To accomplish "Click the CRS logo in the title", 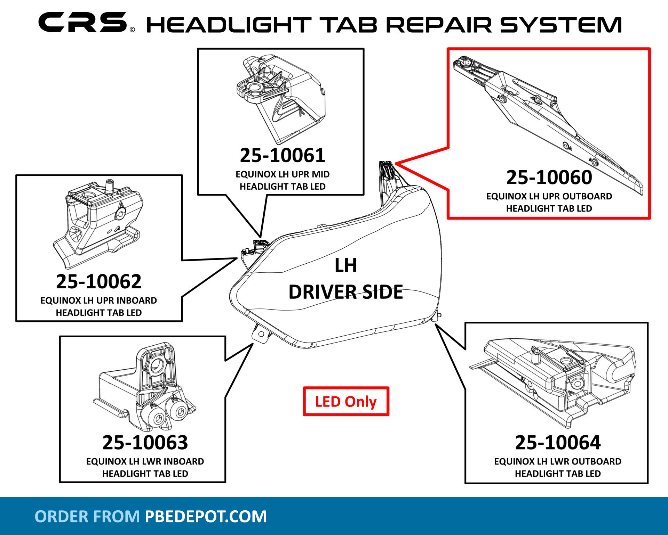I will [x=83, y=23].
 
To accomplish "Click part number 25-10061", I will [x=282, y=155].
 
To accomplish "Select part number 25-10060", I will [x=549, y=178].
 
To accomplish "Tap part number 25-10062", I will [x=99, y=281].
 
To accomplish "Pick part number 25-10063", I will [x=145, y=442].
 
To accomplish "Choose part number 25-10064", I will [x=558, y=442].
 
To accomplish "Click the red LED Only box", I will [x=346, y=402].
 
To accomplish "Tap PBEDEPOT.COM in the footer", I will [x=206, y=517].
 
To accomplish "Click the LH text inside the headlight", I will [x=345, y=266].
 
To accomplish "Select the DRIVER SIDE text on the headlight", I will [x=345, y=292].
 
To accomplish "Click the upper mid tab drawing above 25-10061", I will [x=280, y=97].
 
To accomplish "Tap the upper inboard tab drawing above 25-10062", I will [x=99, y=222].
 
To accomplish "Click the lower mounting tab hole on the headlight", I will [x=261, y=334].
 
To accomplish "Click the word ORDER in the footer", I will [x=61, y=517].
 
